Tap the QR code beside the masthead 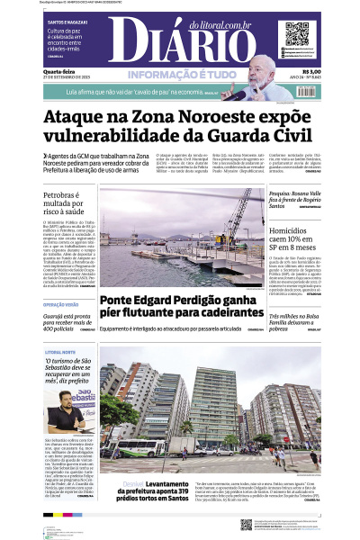pyautogui.click(x=297, y=35)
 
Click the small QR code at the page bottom pyautogui.click(x=246, y=523)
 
